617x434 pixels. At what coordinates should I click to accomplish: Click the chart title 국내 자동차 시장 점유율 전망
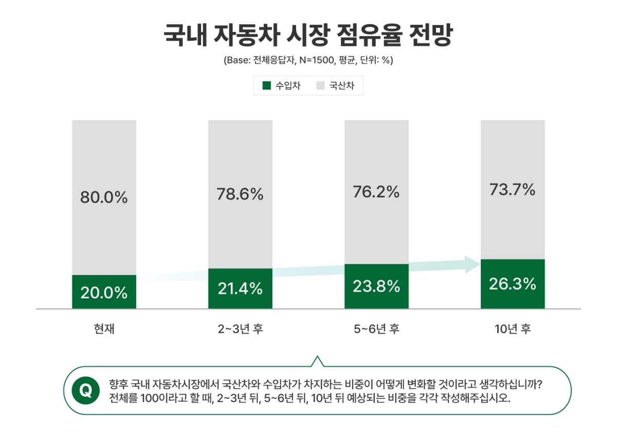coord(308,35)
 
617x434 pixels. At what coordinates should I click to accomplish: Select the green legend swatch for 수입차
coord(266,86)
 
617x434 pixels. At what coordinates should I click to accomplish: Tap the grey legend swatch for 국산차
coord(320,86)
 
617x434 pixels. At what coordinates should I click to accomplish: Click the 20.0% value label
coord(104,293)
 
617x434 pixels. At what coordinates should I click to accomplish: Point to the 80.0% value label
coord(104,197)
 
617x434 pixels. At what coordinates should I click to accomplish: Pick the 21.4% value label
coord(240,289)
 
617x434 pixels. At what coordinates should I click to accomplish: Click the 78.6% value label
coord(240,194)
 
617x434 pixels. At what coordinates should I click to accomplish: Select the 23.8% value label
coord(376,286)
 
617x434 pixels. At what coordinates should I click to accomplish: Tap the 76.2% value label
coord(376,192)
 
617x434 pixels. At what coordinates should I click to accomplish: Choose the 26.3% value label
coord(513,284)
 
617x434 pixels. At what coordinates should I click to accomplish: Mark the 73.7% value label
coord(513,190)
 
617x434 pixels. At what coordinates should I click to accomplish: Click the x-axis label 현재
coord(104,329)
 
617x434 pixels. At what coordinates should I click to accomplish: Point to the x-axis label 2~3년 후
coord(240,329)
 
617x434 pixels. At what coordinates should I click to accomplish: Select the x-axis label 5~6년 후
coord(376,329)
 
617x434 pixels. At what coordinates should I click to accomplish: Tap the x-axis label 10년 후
coord(513,329)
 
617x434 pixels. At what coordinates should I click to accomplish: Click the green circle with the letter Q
coord(86,391)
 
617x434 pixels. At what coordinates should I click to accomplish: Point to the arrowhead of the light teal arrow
coord(472,264)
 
